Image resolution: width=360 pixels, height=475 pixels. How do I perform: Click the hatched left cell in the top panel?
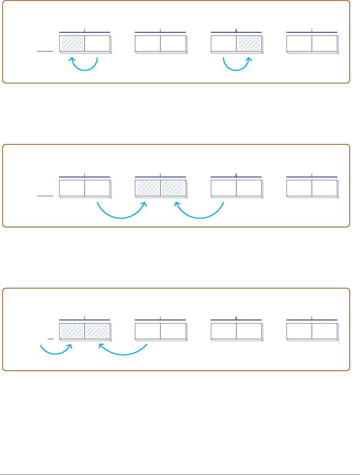(x=72, y=43)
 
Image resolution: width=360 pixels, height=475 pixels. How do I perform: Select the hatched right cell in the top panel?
(x=249, y=43)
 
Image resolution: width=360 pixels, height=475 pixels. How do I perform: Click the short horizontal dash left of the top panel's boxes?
(x=45, y=51)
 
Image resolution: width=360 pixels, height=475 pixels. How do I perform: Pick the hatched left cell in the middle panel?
(x=148, y=188)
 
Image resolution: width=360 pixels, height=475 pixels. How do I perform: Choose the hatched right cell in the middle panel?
(x=173, y=188)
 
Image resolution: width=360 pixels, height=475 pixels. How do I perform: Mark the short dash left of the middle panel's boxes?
(x=45, y=195)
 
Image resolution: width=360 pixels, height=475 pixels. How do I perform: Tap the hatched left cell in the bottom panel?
(x=72, y=331)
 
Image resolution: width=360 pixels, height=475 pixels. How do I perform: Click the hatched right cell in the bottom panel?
(x=97, y=331)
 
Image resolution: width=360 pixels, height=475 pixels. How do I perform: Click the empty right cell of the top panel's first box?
(x=97, y=43)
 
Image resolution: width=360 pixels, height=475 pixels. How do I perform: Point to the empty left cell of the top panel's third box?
(x=224, y=43)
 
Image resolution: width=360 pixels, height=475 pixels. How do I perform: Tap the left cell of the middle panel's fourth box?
(x=299, y=188)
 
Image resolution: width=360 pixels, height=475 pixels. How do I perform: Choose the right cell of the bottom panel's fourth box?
(x=324, y=331)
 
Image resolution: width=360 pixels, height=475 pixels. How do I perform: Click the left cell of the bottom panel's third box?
(x=224, y=331)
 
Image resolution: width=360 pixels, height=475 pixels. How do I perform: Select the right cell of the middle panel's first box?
(x=97, y=188)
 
